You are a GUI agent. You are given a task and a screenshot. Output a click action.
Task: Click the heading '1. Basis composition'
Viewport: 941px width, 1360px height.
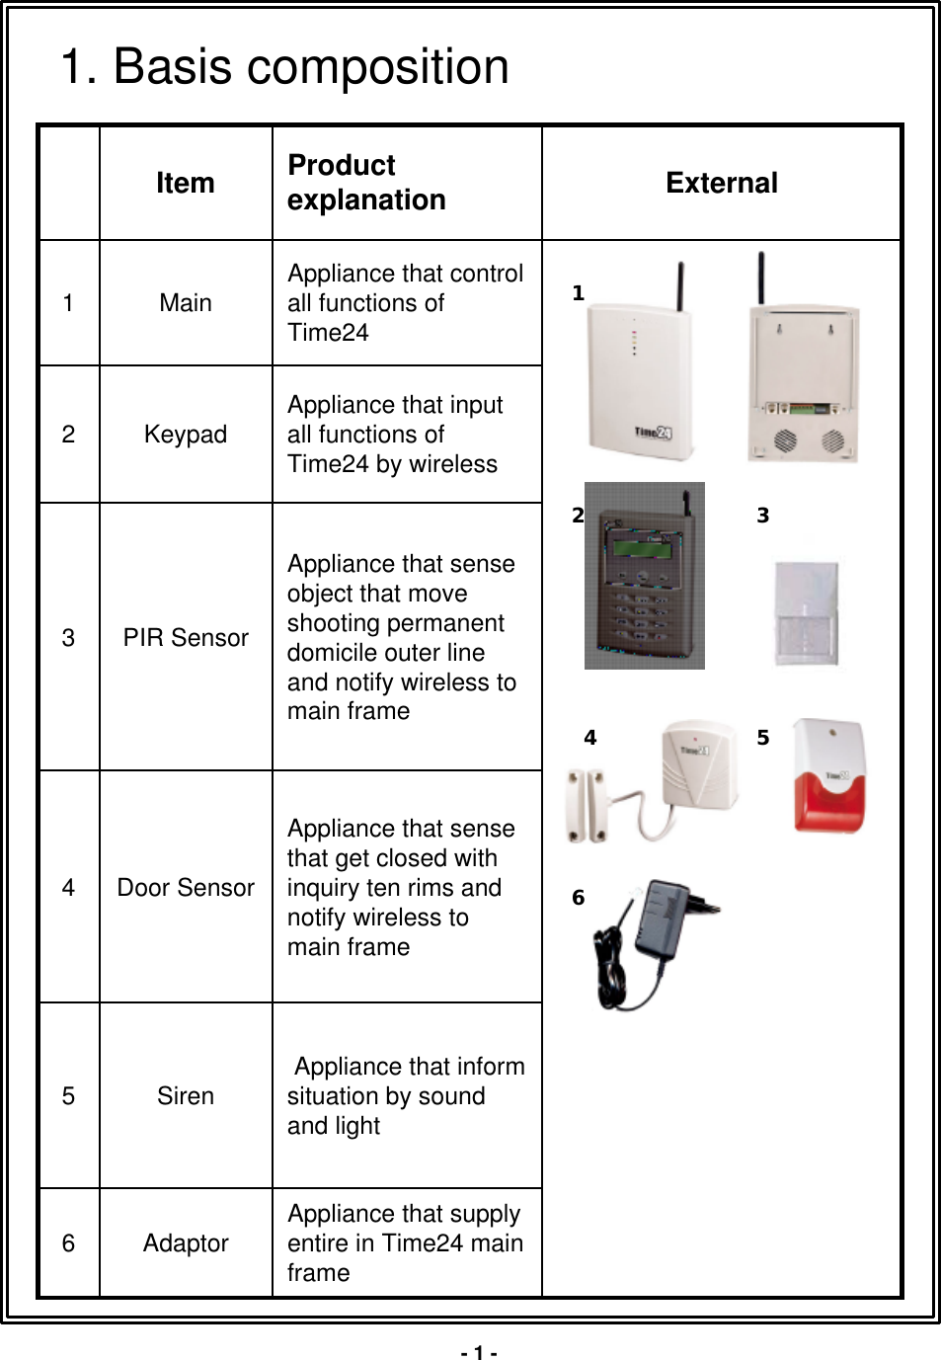[284, 67]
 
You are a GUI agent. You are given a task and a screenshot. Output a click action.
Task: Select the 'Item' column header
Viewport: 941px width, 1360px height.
[186, 183]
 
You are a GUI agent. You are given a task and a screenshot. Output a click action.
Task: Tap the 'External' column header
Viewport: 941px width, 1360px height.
[721, 183]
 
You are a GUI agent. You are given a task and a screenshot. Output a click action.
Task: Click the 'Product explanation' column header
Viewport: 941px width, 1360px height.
[366, 183]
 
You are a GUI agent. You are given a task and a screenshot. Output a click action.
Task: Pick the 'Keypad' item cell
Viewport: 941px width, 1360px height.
[186, 435]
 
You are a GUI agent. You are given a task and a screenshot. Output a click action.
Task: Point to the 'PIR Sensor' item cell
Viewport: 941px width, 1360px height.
[186, 638]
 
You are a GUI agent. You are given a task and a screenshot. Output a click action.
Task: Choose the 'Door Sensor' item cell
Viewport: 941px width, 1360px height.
[186, 888]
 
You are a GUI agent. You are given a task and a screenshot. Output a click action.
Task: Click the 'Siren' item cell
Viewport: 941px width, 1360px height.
[186, 1096]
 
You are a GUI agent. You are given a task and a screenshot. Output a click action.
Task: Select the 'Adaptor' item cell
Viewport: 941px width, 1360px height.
[186, 1243]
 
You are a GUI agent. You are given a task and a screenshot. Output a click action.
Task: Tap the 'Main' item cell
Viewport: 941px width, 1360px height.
[186, 303]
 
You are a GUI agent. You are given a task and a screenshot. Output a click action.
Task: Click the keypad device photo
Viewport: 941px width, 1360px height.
[644, 576]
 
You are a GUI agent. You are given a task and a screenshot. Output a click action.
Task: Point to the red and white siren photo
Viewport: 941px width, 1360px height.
[828, 776]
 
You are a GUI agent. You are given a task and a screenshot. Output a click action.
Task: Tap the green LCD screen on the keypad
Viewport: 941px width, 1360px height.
[641, 547]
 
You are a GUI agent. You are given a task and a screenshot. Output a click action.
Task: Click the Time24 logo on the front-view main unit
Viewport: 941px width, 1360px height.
[653, 433]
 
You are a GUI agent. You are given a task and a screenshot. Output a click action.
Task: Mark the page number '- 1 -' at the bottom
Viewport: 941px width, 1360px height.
[479, 1352]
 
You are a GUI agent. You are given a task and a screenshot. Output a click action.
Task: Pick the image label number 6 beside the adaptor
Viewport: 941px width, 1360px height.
[579, 898]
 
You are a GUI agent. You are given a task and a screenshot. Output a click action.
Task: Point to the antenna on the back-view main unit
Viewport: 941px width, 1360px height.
[760, 278]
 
